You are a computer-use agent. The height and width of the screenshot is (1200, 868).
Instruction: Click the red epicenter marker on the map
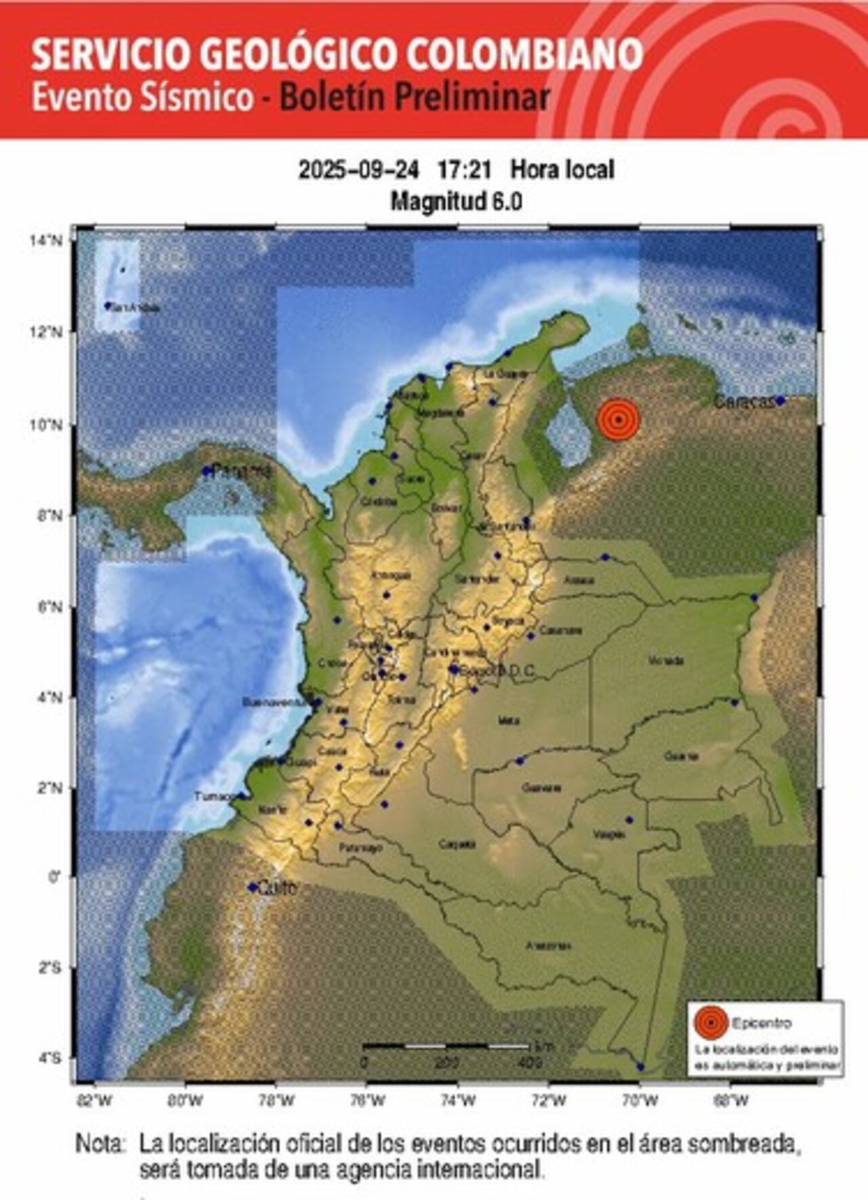click(x=618, y=420)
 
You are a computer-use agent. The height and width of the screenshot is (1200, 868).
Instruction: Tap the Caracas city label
click(x=744, y=401)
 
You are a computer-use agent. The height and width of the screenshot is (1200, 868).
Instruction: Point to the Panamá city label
click(x=241, y=471)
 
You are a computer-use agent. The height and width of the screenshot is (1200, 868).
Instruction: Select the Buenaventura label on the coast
click(x=275, y=702)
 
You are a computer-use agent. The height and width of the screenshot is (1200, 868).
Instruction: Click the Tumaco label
click(x=214, y=796)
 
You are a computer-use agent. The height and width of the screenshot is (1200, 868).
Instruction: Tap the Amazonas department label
click(x=549, y=946)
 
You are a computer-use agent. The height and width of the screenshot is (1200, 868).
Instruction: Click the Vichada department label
click(x=665, y=660)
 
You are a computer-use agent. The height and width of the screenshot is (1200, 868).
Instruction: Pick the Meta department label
click(x=509, y=721)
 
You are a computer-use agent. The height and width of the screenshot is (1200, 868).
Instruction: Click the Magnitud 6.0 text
click(x=456, y=201)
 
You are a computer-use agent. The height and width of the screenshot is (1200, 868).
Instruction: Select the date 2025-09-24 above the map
click(x=359, y=169)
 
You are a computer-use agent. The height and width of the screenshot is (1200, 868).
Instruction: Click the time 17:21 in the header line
click(x=464, y=169)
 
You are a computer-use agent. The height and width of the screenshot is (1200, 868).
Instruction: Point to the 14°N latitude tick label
click(x=46, y=240)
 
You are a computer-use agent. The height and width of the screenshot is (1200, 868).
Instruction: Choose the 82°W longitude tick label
click(x=95, y=1101)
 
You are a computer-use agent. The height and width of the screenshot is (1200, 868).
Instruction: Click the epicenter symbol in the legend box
click(x=711, y=1023)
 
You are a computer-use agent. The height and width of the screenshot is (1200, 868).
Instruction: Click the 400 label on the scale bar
click(x=529, y=1062)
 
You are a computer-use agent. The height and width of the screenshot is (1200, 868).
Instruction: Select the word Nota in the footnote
click(x=100, y=1144)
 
